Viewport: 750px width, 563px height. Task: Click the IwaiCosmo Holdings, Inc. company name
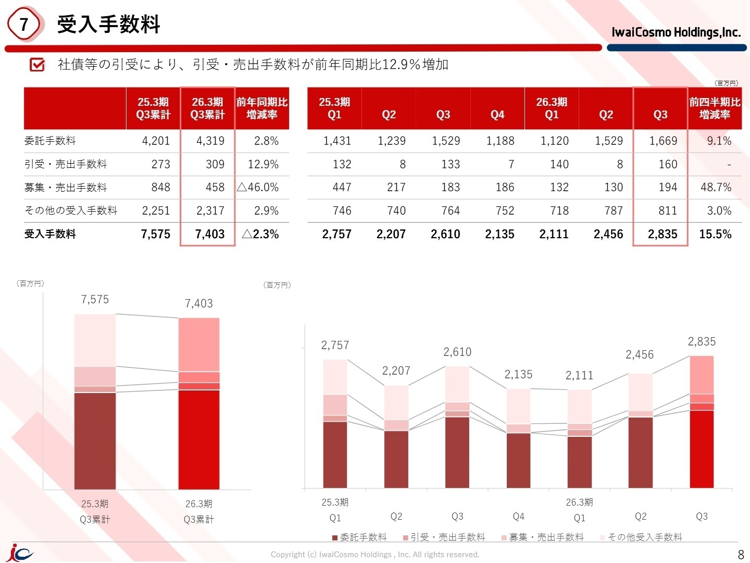coord(676,32)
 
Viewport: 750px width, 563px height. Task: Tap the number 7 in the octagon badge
coord(23,25)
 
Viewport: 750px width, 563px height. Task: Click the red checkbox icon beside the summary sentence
coord(37,64)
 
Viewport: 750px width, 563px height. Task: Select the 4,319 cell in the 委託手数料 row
coord(210,141)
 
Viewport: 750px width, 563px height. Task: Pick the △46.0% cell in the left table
coord(258,187)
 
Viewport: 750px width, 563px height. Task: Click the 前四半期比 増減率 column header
coord(715,108)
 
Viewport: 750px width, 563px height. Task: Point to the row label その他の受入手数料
coord(71,210)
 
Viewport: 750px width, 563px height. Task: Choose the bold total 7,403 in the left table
coord(210,234)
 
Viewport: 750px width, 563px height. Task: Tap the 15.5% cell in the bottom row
coord(715,234)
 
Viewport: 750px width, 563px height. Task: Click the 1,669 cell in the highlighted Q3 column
coord(663,141)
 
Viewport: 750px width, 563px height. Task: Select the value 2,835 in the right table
coord(662,234)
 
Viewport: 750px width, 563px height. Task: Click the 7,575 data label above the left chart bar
coord(95,299)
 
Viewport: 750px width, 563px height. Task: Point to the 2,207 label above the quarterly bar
coord(396,371)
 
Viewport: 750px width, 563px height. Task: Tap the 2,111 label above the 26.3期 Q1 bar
coord(579,375)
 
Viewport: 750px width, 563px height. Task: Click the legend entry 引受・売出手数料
coord(444,537)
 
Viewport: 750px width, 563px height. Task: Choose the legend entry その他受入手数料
coord(641,537)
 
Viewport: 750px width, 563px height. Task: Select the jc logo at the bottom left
coord(20,553)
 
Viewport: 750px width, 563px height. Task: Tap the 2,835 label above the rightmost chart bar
coord(702,341)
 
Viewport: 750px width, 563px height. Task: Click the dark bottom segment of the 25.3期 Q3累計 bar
coord(95,441)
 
